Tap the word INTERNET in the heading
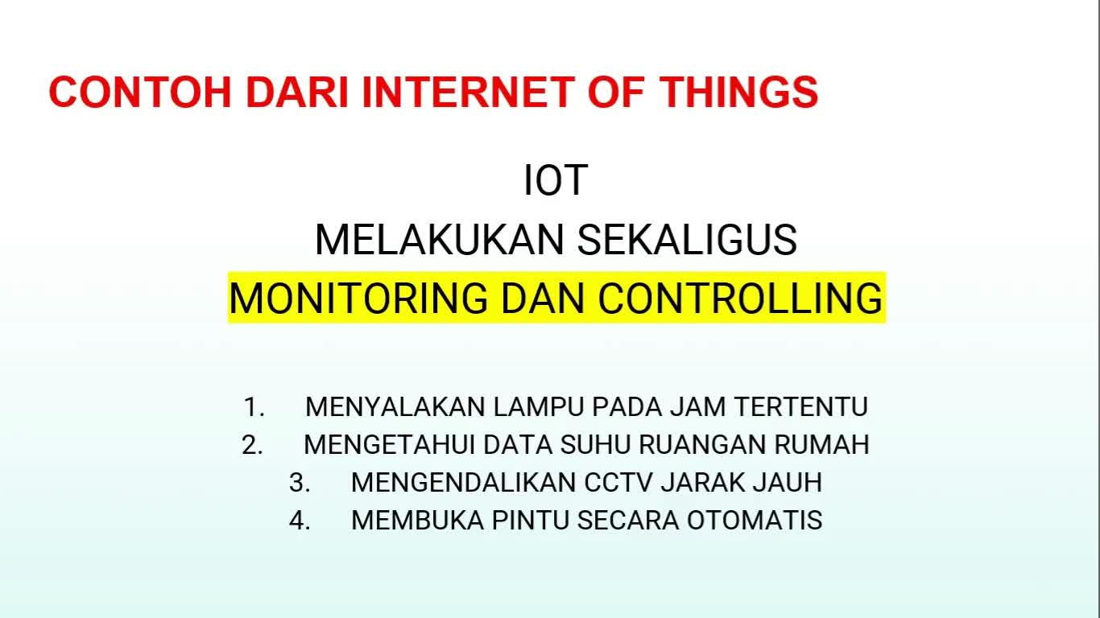tap(468, 93)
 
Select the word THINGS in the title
tap(738, 93)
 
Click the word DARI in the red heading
tap(297, 93)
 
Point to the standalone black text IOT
tap(556, 180)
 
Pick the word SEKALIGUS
tap(687, 240)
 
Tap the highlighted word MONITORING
tap(358, 298)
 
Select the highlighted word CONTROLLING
tap(740, 298)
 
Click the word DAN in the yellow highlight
tap(543, 298)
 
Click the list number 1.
tap(254, 407)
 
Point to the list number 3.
tap(300, 483)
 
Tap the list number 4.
tap(300, 521)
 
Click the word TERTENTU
tap(801, 407)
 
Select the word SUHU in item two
tap(595, 445)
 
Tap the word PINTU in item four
tap(531, 521)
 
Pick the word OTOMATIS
tap(755, 521)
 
